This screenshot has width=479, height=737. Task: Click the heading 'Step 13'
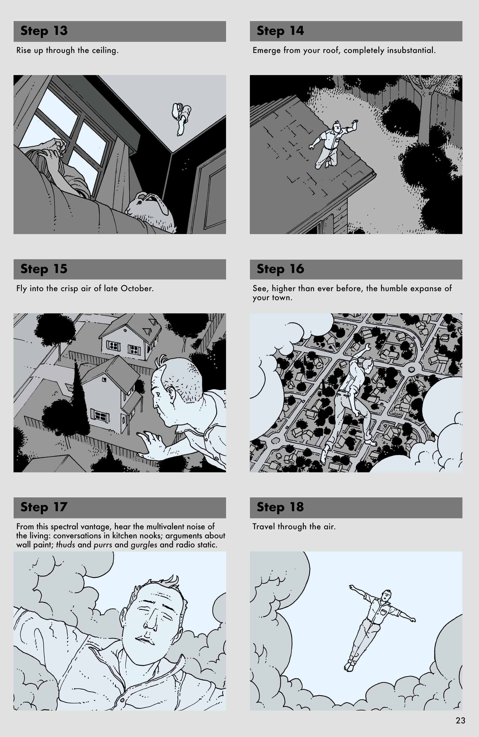(44, 31)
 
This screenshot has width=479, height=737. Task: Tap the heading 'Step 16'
(280, 269)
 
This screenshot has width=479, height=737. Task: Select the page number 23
(460, 721)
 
